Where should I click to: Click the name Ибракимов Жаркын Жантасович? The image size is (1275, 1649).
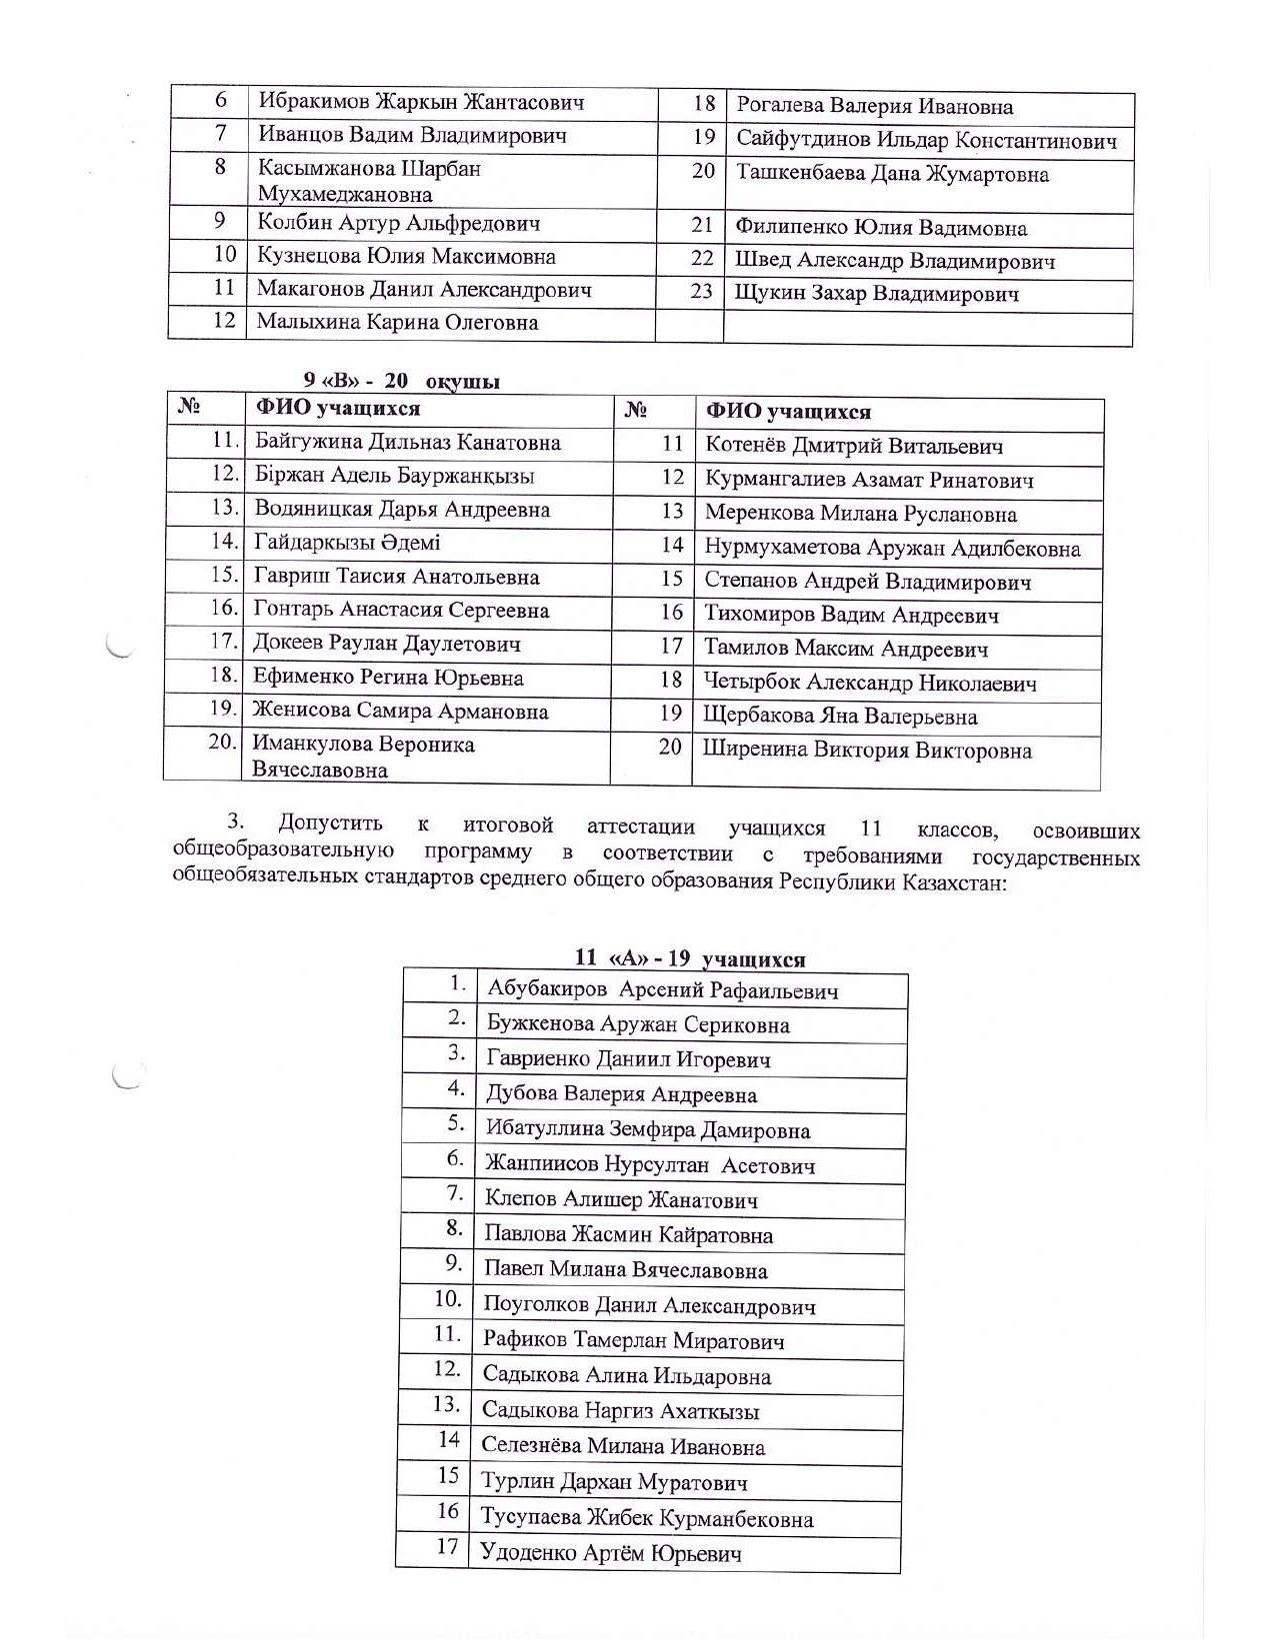pyautogui.click(x=421, y=102)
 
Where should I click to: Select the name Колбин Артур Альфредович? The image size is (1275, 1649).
pyautogui.click(x=399, y=223)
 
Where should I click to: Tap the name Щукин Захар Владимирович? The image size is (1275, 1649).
pyautogui.click(x=877, y=294)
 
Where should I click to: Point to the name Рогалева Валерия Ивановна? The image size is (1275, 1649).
pyautogui.click(x=874, y=107)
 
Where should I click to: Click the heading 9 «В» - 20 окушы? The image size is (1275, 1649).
pyautogui.click(x=402, y=381)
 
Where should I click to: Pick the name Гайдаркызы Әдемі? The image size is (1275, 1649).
pyautogui.click(x=347, y=543)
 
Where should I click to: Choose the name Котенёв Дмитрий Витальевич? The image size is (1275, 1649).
pyautogui.click(x=854, y=446)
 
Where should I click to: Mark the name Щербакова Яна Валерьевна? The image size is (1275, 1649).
pyautogui.click(x=840, y=717)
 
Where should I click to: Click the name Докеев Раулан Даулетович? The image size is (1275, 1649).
pyautogui.click(x=387, y=644)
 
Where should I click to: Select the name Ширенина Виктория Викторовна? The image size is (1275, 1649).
pyautogui.click(x=867, y=751)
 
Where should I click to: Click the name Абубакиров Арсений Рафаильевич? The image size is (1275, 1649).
pyautogui.click(x=662, y=990)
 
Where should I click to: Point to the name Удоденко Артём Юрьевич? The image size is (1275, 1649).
pyautogui.click(x=611, y=1553)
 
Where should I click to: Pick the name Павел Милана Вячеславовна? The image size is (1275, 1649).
pyautogui.click(x=626, y=1270)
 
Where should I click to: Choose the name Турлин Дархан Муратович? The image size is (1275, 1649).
pyautogui.click(x=614, y=1482)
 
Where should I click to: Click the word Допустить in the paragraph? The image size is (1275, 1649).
pyautogui.click(x=331, y=824)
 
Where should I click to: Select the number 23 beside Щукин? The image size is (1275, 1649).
pyautogui.click(x=702, y=292)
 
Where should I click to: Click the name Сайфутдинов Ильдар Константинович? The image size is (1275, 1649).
pyautogui.click(x=927, y=140)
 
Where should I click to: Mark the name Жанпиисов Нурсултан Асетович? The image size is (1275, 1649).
pyautogui.click(x=650, y=1164)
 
